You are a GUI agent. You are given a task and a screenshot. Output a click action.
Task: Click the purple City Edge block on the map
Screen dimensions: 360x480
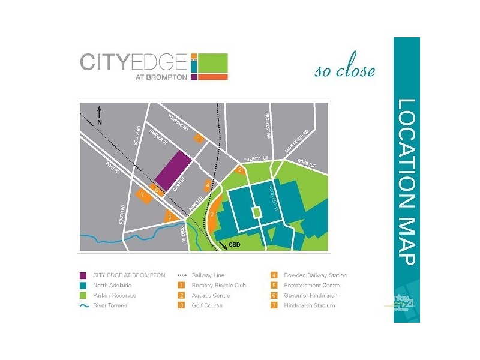[173, 170]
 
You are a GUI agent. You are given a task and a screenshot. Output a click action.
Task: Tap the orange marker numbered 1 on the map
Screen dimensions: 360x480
[199, 139]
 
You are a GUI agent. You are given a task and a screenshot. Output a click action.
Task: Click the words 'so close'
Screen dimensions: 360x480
[345, 71]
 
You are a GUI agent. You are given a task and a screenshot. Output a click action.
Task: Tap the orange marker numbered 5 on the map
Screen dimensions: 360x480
[170, 217]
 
